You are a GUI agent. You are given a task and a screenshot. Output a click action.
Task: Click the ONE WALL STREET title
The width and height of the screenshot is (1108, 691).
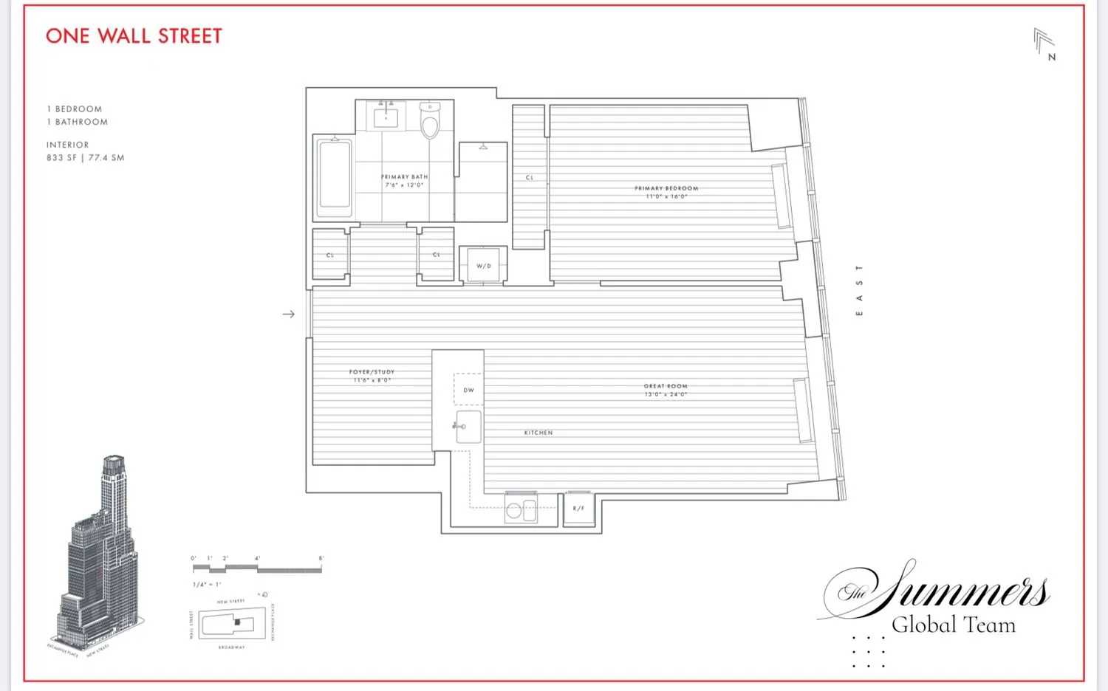134,36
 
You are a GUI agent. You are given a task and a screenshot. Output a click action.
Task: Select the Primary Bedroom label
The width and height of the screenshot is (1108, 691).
666,192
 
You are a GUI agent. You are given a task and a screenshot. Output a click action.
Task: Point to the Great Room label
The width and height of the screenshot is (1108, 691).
666,390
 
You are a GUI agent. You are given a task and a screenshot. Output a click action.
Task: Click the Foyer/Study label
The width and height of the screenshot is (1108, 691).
372,376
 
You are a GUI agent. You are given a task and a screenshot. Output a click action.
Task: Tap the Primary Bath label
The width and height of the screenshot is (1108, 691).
404,181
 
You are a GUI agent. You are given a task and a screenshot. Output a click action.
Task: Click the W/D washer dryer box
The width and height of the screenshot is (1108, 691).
484,265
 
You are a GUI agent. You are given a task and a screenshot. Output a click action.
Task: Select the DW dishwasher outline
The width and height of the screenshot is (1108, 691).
468,389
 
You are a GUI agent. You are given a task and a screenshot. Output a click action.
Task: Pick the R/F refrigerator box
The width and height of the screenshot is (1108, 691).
578,508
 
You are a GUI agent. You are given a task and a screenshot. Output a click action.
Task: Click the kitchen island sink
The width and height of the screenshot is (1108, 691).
468,427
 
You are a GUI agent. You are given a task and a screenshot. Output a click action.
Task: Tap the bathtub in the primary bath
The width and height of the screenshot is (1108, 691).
334,177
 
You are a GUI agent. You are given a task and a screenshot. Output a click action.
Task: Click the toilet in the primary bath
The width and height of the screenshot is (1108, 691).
430,121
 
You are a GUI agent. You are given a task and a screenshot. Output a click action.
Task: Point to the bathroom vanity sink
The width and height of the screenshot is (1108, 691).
386,117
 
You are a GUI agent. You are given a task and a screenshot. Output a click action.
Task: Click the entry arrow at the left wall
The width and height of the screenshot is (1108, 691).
289,314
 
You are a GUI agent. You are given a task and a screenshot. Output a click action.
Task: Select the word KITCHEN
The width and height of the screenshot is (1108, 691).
538,433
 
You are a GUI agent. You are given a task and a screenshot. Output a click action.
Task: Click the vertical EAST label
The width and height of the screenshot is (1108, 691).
859,290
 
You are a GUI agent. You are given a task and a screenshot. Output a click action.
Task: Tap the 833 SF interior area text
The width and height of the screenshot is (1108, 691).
85,158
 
